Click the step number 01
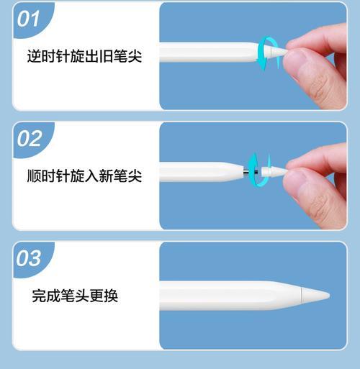pyautogui.click(x=28, y=19)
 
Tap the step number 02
pyautogui.click(x=30, y=138)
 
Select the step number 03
pyautogui.click(x=29, y=258)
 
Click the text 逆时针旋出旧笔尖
pyautogui.click(x=84, y=56)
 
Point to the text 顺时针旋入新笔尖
pyautogui.click(x=84, y=176)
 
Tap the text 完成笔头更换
pyautogui.click(x=75, y=296)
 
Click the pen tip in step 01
pyautogui.click(x=279, y=51)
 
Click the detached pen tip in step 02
pyautogui.click(x=274, y=172)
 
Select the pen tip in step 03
pyautogui.click(x=315, y=295)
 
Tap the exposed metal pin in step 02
pyautogui.click(x=251, y=172)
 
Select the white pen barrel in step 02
pyautogui.click(x=202, y=172)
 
